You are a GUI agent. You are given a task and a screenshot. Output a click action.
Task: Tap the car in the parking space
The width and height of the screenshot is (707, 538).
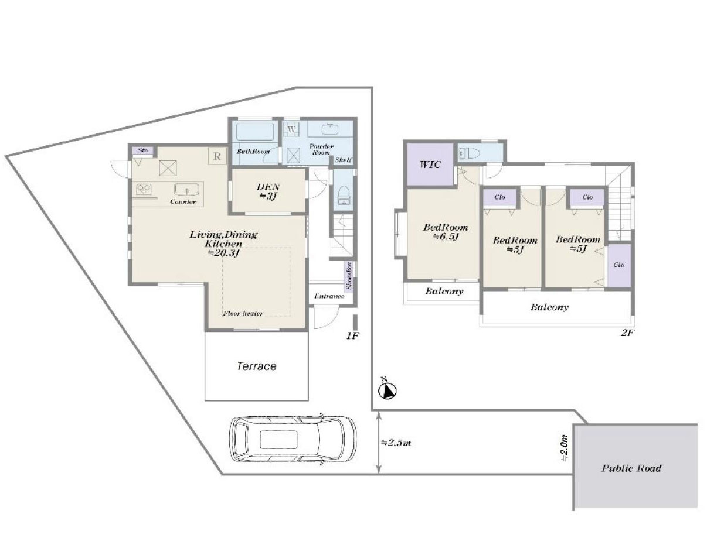pos(292,438)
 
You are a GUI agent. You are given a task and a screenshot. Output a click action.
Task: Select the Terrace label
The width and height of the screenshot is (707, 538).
pos(256,366)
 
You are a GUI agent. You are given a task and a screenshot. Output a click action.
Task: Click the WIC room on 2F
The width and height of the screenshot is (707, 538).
pos(430,164)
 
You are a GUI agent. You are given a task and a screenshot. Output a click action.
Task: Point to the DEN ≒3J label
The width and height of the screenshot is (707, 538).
pos(268,191)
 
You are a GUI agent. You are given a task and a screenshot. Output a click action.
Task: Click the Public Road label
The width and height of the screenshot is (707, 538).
pos(631,468)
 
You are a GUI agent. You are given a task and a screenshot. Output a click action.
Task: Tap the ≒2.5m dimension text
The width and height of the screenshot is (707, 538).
pos(396,443)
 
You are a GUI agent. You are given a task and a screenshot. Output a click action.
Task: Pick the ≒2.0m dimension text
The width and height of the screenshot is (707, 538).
pos(564,448)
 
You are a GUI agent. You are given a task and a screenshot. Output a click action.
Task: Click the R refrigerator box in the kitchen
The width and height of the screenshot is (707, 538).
pos(217,156)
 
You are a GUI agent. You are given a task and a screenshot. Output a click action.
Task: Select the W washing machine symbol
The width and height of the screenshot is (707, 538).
pos(291,129)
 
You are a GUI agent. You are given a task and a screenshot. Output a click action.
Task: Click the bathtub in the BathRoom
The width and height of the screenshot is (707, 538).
pos(255,132)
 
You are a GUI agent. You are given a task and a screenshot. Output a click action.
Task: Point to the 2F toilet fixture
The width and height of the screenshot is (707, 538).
pos(469,153)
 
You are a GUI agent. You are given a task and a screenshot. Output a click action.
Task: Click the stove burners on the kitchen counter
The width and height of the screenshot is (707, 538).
pos(143,189)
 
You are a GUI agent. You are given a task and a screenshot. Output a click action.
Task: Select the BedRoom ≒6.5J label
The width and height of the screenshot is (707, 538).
pos(446,232)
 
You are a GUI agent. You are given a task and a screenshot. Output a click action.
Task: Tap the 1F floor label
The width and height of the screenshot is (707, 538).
pos(352,335)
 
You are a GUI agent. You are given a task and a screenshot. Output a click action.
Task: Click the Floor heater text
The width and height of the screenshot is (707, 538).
pos(243,313)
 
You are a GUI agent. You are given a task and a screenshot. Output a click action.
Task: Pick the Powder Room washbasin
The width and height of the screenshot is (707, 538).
pos(330,129)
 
